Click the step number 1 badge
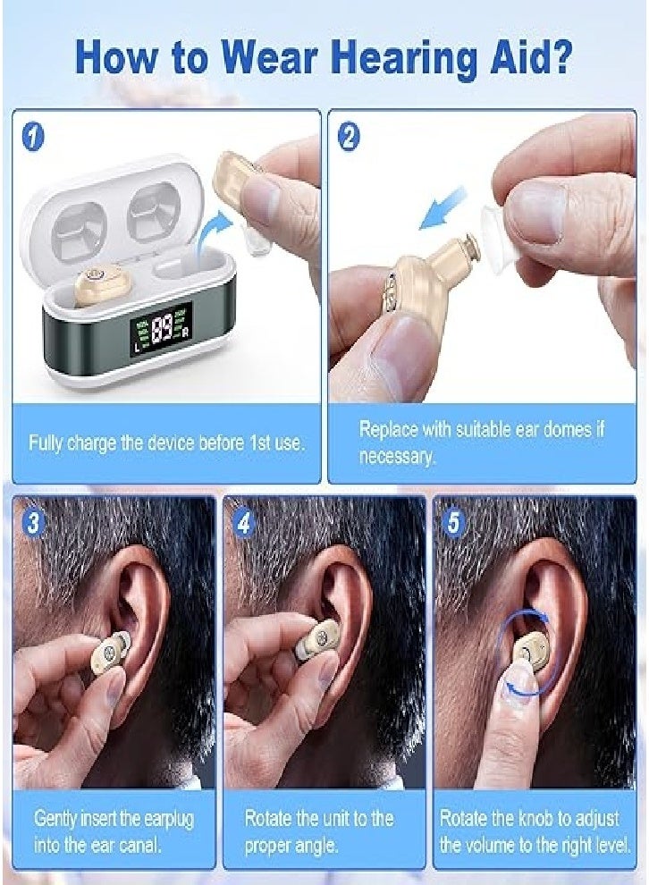point(34,136)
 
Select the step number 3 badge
point(34,523)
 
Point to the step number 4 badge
point(244,523)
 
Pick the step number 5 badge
point(454,523)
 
